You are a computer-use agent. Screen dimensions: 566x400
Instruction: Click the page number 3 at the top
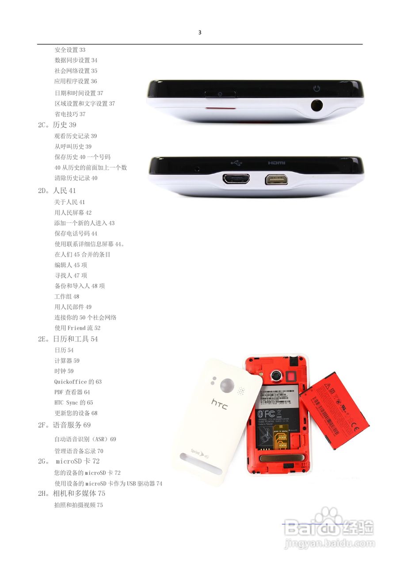click(x=200, y=32)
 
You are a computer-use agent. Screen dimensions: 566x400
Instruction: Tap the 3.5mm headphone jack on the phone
click(x=316, y=105)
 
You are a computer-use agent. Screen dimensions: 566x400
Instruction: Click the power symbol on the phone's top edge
click(x=316, y=88)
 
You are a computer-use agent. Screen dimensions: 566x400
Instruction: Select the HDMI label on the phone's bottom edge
click(x=277, y=163)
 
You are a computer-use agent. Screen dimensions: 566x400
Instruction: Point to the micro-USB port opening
click(x=236, y=179)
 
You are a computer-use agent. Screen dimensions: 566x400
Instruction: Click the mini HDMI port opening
click(x=277, y=180)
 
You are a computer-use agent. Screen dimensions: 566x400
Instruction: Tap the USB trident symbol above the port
click(x=236, y=163)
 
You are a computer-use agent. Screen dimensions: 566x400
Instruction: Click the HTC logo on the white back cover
click(x=219, y=404)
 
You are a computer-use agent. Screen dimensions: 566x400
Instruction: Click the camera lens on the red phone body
click(x=276, y=375)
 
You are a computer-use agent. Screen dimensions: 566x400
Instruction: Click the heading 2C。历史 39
click(x=57, y=125)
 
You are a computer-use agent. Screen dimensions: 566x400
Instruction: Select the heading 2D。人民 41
click(x=57, y=191)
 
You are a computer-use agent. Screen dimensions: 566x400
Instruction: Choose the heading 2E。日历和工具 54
click(x=68, y=339)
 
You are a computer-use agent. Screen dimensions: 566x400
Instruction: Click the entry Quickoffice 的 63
click(x=78, y=382)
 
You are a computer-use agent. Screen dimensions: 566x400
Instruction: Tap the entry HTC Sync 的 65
click(x=73, y=403)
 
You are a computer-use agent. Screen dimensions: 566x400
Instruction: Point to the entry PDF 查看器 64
click(x=72, y=392)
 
